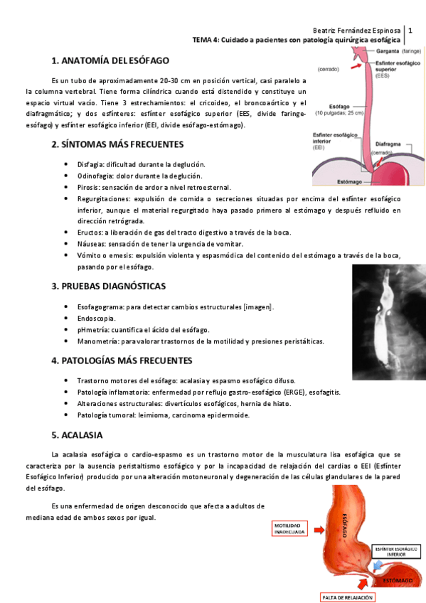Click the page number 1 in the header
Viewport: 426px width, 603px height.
(410, 31)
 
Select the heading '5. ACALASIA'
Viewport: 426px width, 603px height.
(77, 434)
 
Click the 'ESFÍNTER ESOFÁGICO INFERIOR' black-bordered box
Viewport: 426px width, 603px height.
(395, 551)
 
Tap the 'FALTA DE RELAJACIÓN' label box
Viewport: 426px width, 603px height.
(346, 596)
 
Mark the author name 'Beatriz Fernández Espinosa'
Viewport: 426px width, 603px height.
(357, 31)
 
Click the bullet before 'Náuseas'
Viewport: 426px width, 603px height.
(67, 244)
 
